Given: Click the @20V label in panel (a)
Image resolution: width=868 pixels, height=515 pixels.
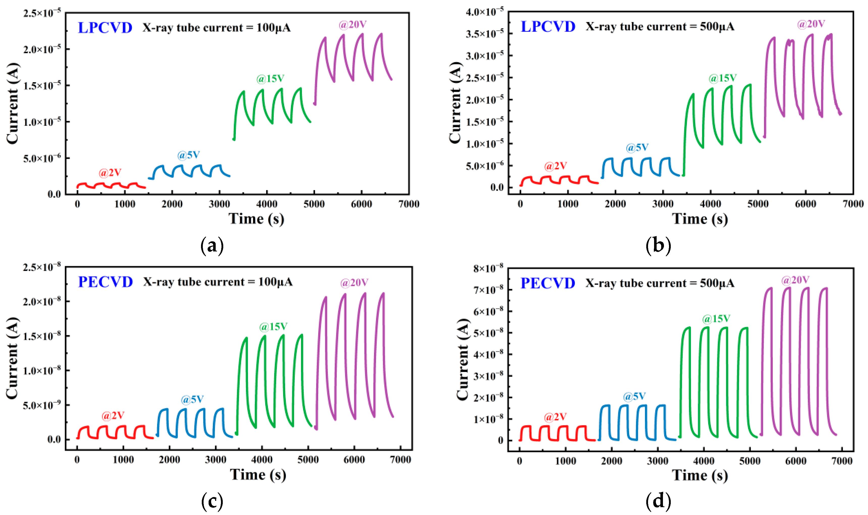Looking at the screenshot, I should (352, 25).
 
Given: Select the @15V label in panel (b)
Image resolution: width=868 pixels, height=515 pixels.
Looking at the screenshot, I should (722, 78).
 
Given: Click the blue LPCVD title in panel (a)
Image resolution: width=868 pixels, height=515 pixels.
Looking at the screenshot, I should (105, 28).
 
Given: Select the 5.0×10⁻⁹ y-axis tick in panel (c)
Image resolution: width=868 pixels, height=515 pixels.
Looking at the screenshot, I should (42, 405).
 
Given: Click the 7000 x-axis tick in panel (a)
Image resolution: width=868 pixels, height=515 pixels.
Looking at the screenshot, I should (409, 204).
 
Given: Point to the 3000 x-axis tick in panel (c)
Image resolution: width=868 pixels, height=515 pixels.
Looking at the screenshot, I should (215, 460).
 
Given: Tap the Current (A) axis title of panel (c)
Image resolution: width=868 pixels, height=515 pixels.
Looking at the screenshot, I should (12, 358).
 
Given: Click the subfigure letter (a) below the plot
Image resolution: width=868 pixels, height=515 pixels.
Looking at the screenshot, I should (212, 246).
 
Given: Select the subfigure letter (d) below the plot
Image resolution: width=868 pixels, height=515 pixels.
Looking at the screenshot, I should (658, 501).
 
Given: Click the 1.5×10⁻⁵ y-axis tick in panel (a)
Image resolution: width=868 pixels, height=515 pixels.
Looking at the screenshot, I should (42, 85).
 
